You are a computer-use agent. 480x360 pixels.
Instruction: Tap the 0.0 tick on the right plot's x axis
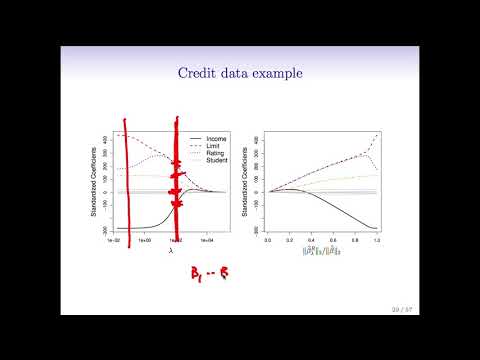(x=267, y=241)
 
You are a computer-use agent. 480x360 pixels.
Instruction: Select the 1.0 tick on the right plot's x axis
(x=377, y=241)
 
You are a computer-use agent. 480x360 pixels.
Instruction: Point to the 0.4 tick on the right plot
(x=311, y=241)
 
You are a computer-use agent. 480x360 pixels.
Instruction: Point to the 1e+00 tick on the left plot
(x=145, y=241)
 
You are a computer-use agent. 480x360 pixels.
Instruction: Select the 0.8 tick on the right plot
(x=355, y=241)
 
